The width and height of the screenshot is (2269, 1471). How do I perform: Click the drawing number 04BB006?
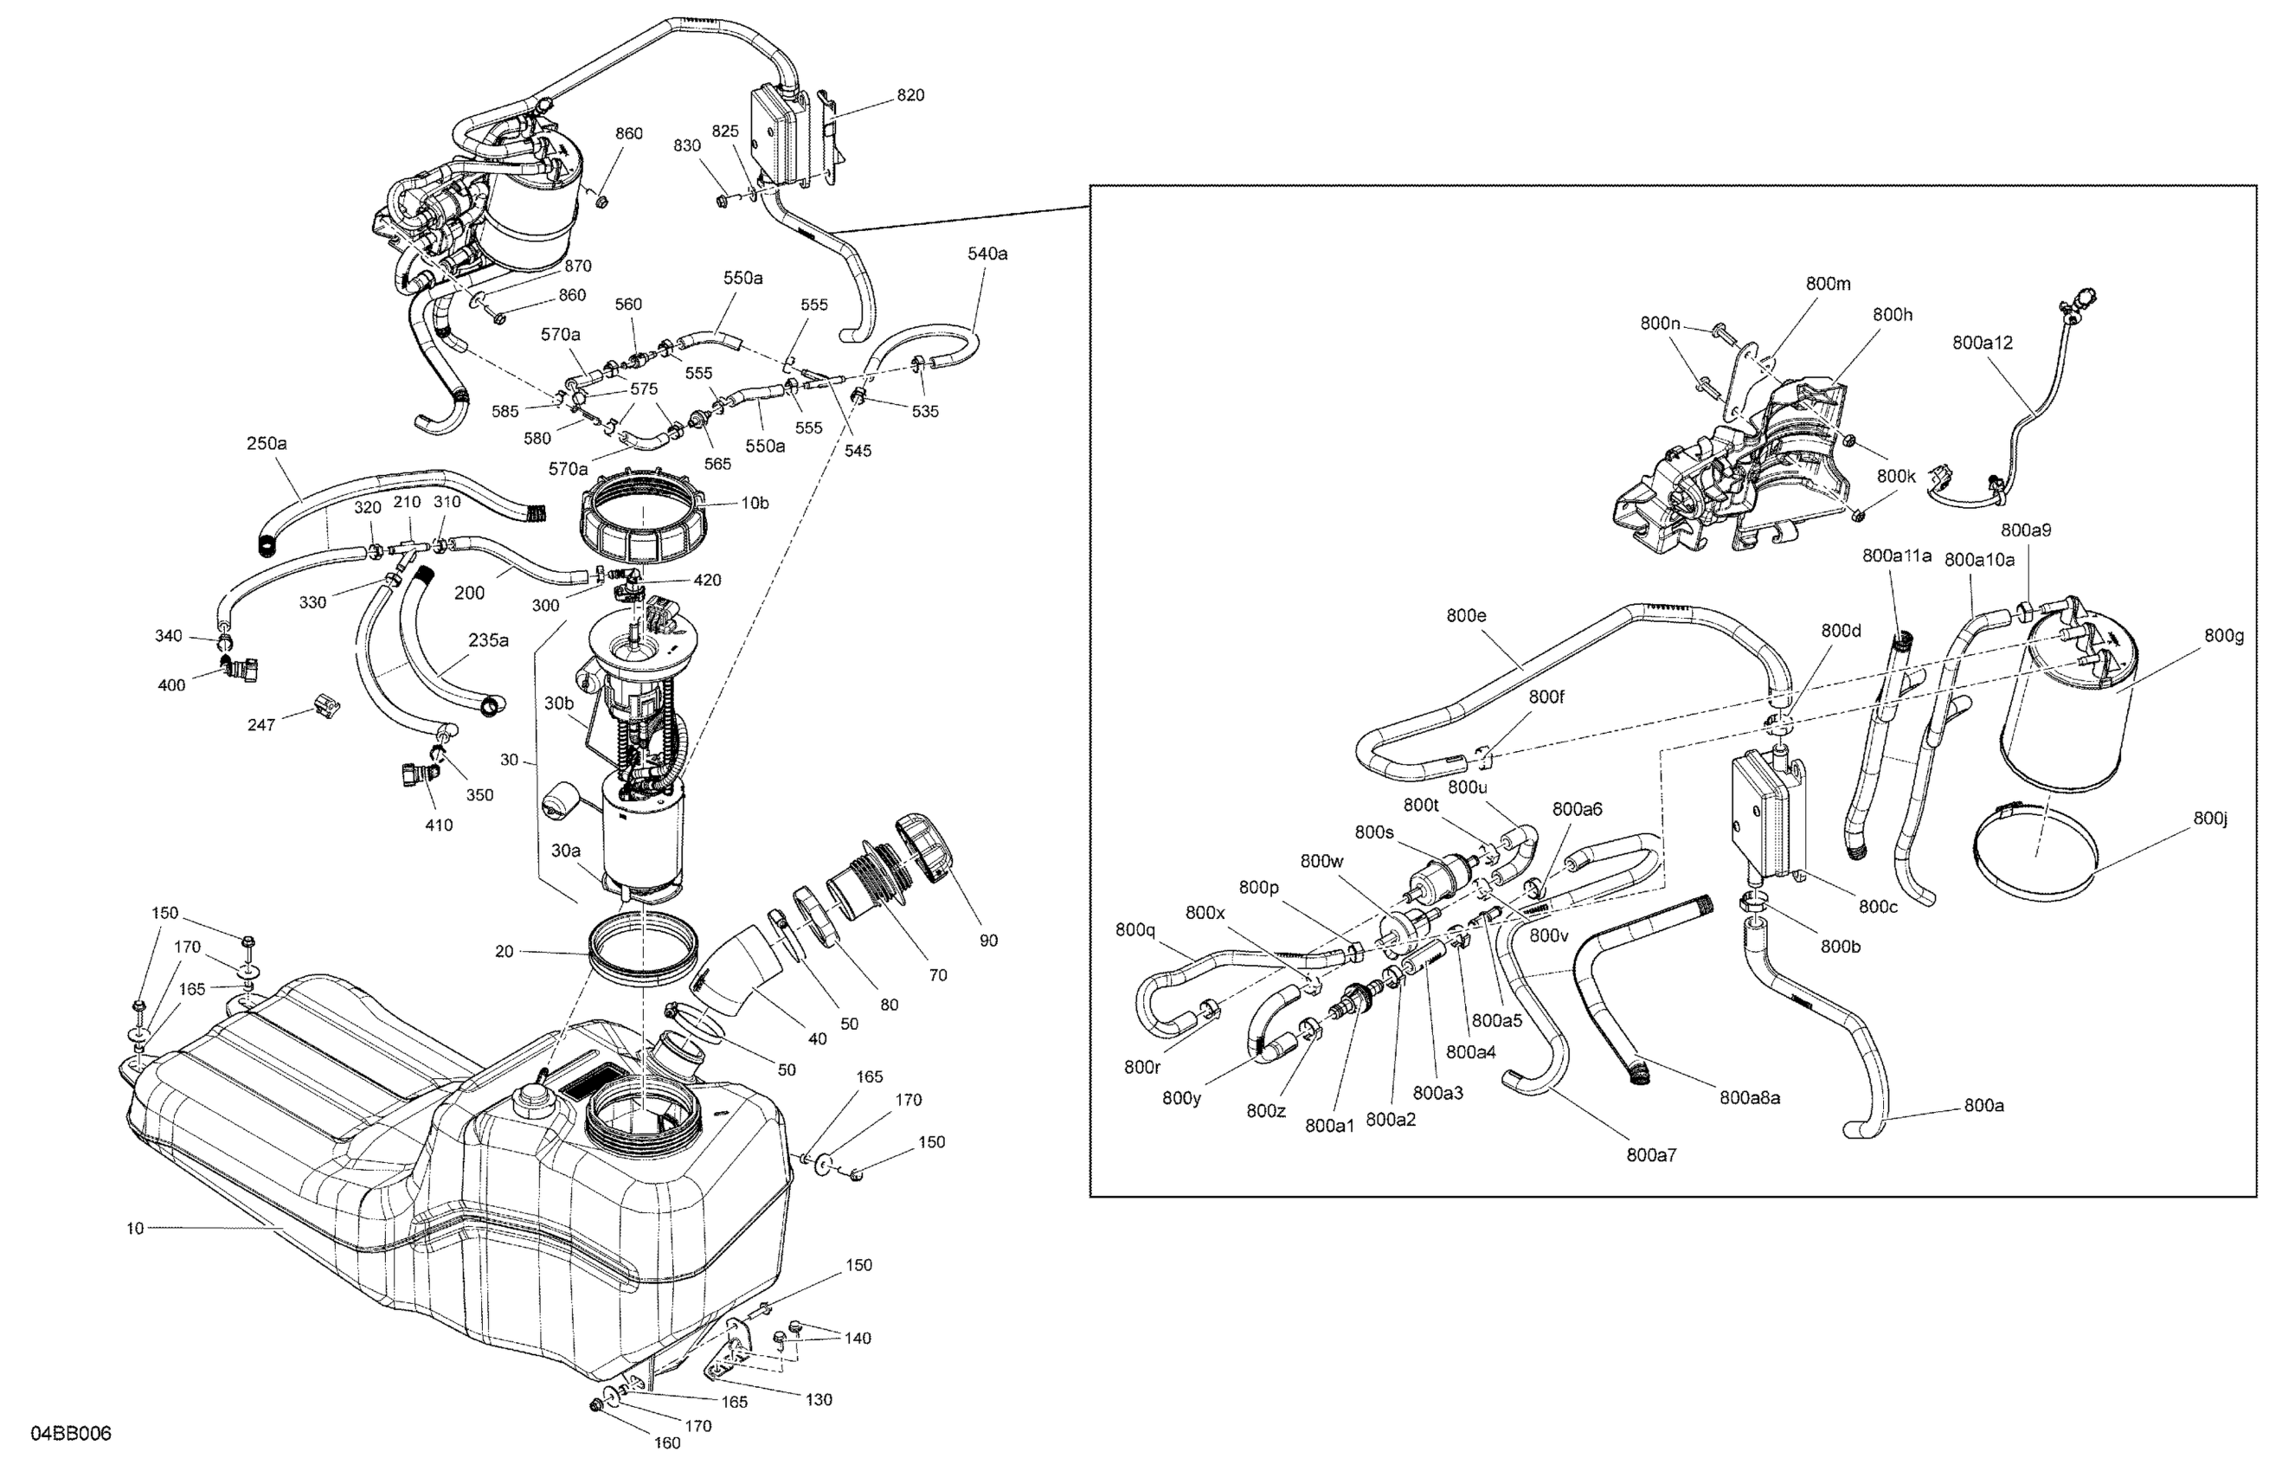(x=71, y=1434)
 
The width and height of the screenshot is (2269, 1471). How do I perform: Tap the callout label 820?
(x=910, y=95)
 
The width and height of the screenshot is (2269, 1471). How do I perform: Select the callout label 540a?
(x=987, y=254)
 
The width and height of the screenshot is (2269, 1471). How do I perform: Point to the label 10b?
(x=755, y=504)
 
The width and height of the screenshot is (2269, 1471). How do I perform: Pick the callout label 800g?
(x=2223, y=635)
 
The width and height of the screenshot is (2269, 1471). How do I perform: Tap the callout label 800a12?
(x=1982, y=343)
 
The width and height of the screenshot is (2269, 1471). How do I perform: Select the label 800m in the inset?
(x=1828, y=283)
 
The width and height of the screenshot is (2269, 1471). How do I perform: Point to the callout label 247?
(x=261, y=724)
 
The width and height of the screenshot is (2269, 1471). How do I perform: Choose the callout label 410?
(x=439, y=825)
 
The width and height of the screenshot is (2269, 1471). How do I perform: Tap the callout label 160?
(x=667, y=1442)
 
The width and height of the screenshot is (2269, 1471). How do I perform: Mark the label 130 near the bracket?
(x=818, y=1399)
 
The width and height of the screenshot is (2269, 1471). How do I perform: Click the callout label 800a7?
(x=1651, y=1155)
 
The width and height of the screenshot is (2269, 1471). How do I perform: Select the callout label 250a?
(x=267, y=443)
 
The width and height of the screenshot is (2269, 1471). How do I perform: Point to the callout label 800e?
(x=1466, y=616)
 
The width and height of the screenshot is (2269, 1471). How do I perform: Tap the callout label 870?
(x=578, y=266)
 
